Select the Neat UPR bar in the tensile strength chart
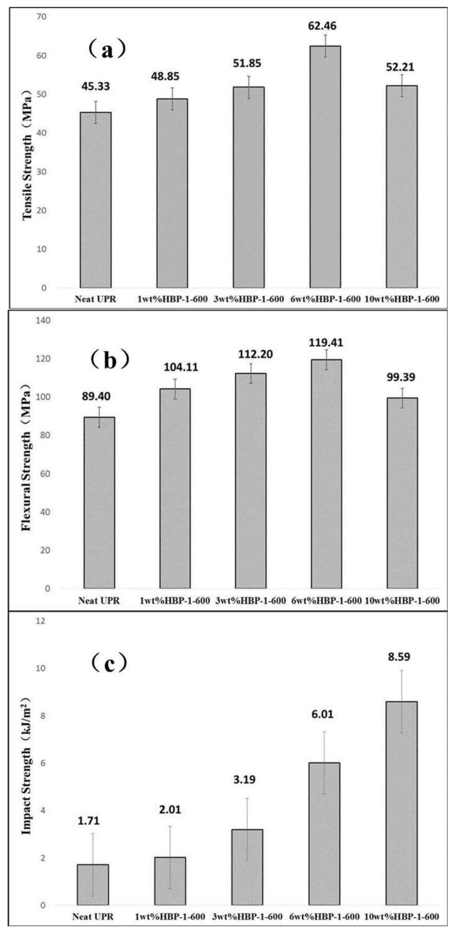tap(96, 200)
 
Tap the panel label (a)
tap(107, 50)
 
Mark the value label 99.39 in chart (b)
tap(401, 377)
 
